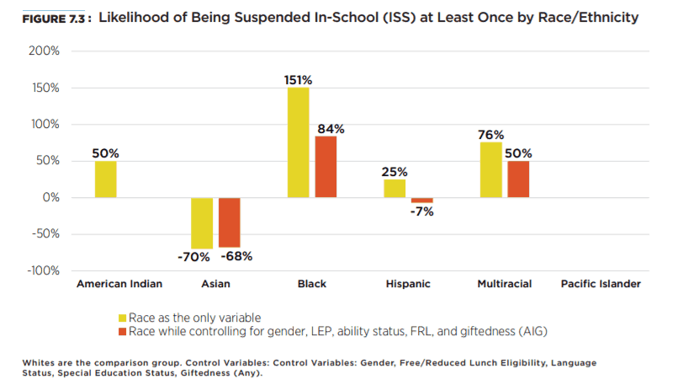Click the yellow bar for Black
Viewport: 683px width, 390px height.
click(x=299, y=142)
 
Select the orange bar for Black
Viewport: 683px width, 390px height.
click(x=326, y=167)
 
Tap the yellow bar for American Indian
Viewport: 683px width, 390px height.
click(x=106, y=179)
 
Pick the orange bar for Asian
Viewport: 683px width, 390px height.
click(x=230, y=222)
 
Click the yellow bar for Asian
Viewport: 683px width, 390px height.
click(x=202, y=223)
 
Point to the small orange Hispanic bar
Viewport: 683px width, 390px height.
click(x=421, y=200)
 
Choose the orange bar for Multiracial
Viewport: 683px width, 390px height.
click(x=518, y=179)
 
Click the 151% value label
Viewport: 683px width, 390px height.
click(x=299, y=80)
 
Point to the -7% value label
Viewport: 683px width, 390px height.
click(x=422, y=211)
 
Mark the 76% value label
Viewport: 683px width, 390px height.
click(x=490, y=135)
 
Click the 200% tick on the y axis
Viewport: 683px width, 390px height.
click(x=44, y=51)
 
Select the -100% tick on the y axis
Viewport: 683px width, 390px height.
click(x=42, y=270)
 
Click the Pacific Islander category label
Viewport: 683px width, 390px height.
click(x=601, y=285)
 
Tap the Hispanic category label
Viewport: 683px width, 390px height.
click(x=408, y=285)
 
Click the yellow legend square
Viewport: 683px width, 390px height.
click(x=122, y=318)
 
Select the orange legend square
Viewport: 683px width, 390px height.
click(x=122, y=331)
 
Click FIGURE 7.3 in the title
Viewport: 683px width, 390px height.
click(x=56, y=18)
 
